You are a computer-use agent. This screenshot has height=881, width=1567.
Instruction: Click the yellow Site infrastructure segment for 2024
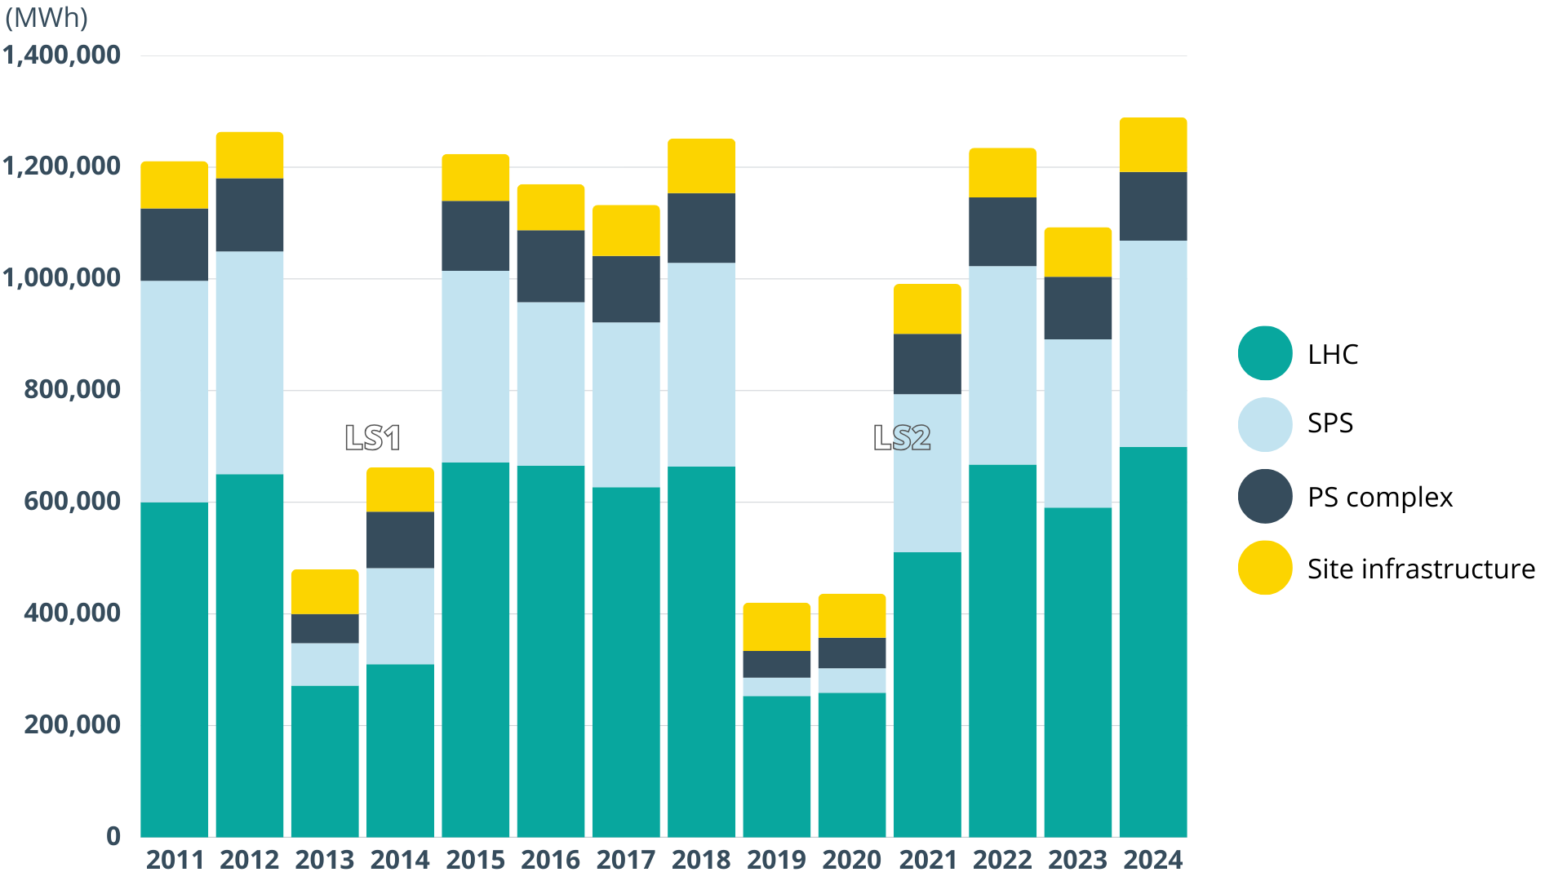pyautogui.click(x=1152, y=145)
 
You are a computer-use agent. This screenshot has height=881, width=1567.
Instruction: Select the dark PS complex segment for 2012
pyautogui.click(x=250, y=215)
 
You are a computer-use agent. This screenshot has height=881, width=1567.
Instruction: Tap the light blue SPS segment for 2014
pyautogui.click(x=400, y=616)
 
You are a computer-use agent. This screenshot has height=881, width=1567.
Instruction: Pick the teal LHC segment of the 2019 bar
pyautogui.click(x=776, y=766)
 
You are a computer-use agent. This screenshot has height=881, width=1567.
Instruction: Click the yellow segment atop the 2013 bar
pyautogui.click(x=325, y=591)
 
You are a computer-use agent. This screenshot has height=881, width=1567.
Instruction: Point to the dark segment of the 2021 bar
pyautogui.click(x=927, y=364)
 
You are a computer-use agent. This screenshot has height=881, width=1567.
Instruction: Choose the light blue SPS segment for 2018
pyautogui.click(x=701, y=365)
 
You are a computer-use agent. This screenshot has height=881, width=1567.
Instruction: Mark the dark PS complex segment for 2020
pyautogui.click(x=851, y=653)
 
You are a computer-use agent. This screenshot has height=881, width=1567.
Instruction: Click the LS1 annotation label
pyautogui.click(x=373, y=438)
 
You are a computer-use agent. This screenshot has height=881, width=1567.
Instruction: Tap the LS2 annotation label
pyautogui.click(x=902, y=438)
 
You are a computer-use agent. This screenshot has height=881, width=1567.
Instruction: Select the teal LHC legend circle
pyautogui.click(x=1265, y=353)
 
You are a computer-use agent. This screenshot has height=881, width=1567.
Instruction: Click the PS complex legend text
pyautogui.click(x=1380, y=497)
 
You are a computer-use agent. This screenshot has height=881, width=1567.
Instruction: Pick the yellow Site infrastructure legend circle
pyautogui.click(x=1265, y=568)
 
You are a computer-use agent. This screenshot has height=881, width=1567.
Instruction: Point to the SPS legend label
pyautogui.click(x=1330, y=423)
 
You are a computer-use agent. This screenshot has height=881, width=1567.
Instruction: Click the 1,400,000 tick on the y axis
pyautogui.click(x=62, y=55)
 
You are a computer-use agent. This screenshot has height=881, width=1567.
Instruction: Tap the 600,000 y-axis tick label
pyautogui.click(x=73, y=502)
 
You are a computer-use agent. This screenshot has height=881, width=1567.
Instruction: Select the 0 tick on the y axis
pyautogui.click(x=113, y=836)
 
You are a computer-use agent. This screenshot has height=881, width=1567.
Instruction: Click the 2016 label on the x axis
pyautogui.click(x=550, y=860)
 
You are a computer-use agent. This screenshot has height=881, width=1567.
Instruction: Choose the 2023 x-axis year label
pyautogui.click(x=1077, y=860)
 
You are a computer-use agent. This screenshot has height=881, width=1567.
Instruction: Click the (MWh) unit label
pyautogui.click(x=47, y=18)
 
